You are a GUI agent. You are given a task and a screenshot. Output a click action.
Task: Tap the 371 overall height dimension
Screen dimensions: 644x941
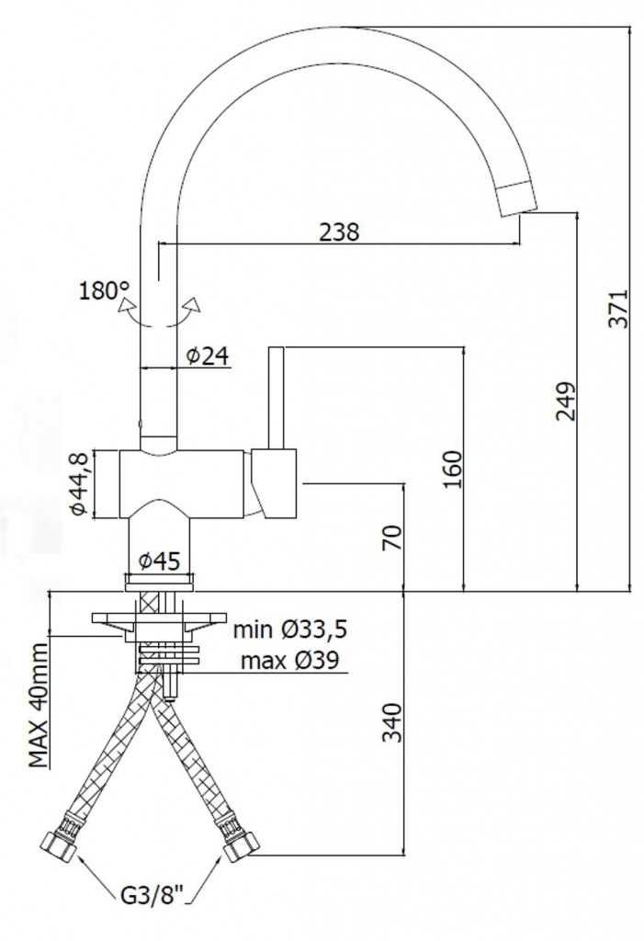[617, 309]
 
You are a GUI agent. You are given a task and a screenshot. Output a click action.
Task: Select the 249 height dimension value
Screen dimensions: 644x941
[564, 401]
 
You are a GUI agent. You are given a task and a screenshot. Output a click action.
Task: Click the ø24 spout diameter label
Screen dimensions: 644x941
[208, 356]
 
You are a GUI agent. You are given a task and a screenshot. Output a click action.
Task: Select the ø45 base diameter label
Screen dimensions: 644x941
[159, 561]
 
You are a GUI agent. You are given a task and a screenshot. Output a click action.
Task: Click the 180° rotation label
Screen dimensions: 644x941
[104, 291]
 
